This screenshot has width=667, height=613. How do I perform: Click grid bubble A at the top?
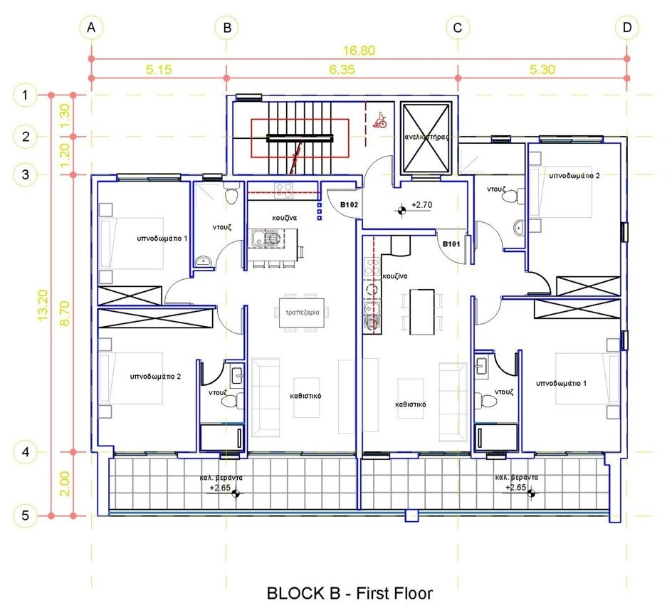[x=91, y=28]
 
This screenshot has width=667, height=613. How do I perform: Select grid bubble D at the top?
[x=627, y=28]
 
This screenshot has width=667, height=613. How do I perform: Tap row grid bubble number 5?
[x=25, y=515]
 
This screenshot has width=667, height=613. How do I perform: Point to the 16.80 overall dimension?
[x=359, y=51]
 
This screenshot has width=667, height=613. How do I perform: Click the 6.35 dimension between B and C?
[x=342, y=69]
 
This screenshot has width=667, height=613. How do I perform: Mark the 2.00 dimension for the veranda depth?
[x=64, y=483]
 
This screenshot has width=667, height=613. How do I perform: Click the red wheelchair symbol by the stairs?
[x=380, y=120]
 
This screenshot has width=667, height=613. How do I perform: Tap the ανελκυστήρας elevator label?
[x=426, y=137]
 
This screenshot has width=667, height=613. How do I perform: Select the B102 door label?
[x=349, y=204]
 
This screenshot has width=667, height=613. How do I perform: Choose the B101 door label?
[x=451, y=244]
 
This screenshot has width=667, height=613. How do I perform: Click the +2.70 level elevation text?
[x=421, y=205]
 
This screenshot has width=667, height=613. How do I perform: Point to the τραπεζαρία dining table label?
[x=302, y=313]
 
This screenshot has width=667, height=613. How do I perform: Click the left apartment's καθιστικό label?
[x=305, y=396]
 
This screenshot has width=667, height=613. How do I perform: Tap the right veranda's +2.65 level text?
[x=515, y=488]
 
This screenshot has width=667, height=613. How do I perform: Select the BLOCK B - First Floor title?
[x=350, y=593]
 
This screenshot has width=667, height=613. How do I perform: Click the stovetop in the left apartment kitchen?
[x=284, y=190]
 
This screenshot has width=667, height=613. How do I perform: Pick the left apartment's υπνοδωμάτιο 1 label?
[x=162, y=239]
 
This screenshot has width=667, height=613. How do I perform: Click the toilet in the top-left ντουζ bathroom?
[x=231, y=195]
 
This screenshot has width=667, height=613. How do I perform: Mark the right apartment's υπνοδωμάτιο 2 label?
[x=574, y=176]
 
